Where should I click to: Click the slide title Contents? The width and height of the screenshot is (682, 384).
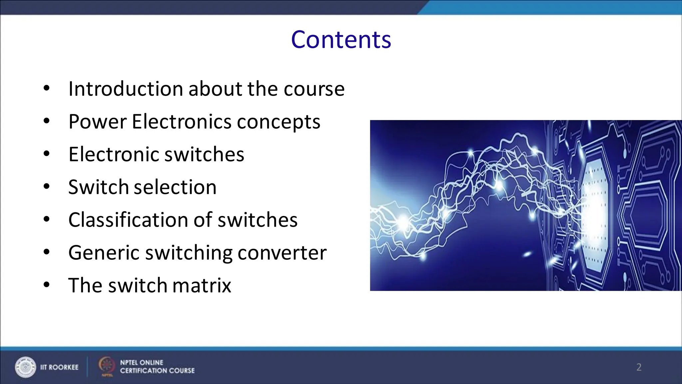pos(341,40)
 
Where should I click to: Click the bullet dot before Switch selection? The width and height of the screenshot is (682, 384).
pos(47,187)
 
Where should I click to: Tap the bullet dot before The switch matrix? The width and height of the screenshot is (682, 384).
pos(47,285)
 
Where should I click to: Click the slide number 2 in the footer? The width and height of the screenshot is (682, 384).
pos(639,367)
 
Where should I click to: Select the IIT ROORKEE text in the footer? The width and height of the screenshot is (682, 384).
pos(59,367)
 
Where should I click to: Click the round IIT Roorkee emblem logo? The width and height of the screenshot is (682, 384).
pos(25,367)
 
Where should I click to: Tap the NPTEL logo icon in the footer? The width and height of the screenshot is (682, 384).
pos(107,366)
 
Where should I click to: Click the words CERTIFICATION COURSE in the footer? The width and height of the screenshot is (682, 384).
pos(157,371)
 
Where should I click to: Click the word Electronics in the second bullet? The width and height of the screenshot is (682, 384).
pos(181,122)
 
